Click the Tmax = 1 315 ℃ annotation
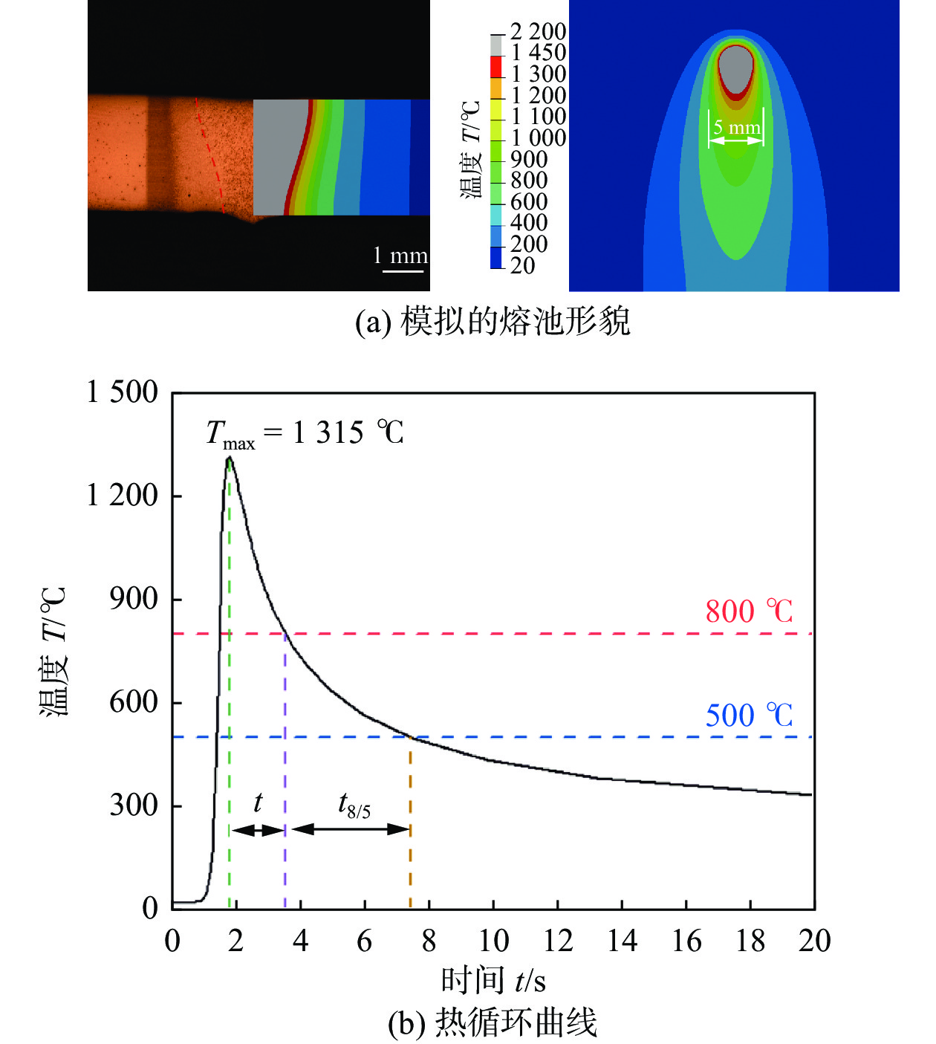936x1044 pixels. tap(305, 432)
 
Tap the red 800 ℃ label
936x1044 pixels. tap(749, 612)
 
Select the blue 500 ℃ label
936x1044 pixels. tap(749, 715)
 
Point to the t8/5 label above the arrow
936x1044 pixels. tap(354, 805)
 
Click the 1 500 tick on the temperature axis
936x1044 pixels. tap(123, 392)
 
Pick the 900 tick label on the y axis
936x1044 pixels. tap(134, 598)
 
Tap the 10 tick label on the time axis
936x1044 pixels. tap(493, 941)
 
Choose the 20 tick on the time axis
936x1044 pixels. tap(814, 941)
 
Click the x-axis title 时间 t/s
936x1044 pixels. tap(493, 980)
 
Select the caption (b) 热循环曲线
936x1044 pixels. tap(493, 1023)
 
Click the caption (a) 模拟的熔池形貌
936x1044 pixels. tap(493, 322)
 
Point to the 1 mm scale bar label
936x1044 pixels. tap(400, 256)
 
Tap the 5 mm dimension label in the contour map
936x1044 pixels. tap(736, 128)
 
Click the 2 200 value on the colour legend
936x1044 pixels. tap(538, 32)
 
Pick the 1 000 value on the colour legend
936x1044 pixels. tap(538, 138)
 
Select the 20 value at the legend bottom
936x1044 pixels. tap(523, 265)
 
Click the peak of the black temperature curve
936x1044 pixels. tap(230, 458)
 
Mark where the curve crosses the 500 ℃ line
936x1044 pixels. tap(410, 737)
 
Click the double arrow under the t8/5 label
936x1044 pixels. tap(351, 829)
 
